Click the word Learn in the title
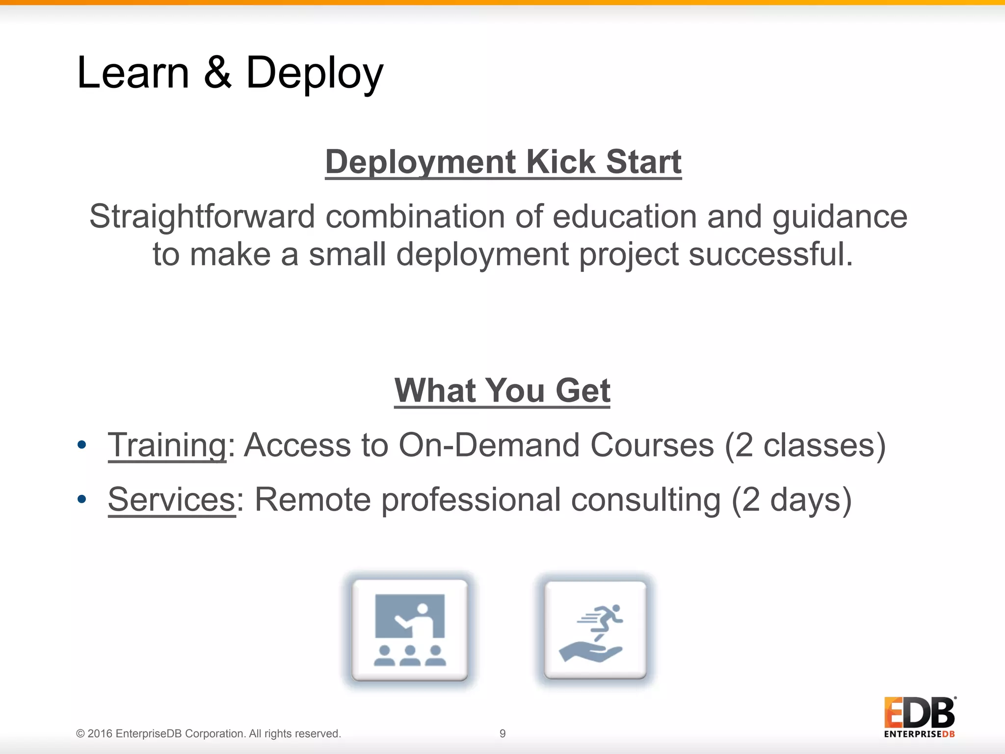point(133,73)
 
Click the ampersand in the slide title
point(217,73)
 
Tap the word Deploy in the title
point(314,74)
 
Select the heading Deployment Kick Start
point(503,162)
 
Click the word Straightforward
point(202,216)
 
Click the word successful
point(770,255)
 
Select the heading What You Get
point(502,391)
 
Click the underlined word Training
point(167,445)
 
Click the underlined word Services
point(172,500)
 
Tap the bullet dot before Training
point(81,445)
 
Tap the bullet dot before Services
point(81,500)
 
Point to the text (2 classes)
point(805,445)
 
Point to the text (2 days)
point(791,500)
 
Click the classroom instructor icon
point(410,630)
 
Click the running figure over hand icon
point(595,630)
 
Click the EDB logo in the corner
point(919,717)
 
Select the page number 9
point(502,733)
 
